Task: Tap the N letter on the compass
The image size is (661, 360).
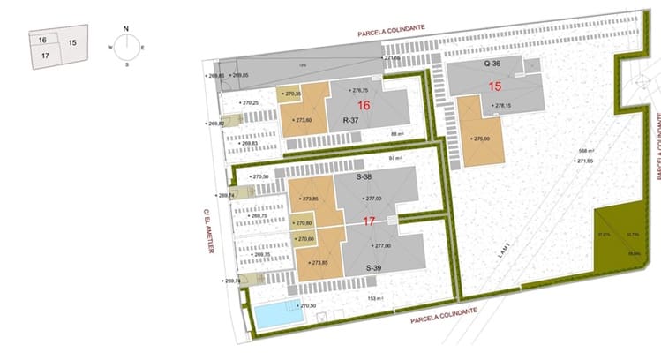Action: [126, 27]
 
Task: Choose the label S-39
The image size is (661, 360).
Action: [375, 267]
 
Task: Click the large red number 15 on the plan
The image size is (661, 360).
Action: [494, 86]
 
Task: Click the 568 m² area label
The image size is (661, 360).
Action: [579, 148]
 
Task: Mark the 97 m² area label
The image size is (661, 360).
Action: [395, 158]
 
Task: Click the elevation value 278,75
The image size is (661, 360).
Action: [359, 91]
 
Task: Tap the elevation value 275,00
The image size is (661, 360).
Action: [480, 139]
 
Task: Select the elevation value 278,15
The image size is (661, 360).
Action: [502, 106]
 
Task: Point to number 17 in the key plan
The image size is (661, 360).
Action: [42, 55]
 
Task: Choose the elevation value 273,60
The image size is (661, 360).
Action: [305, 120]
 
